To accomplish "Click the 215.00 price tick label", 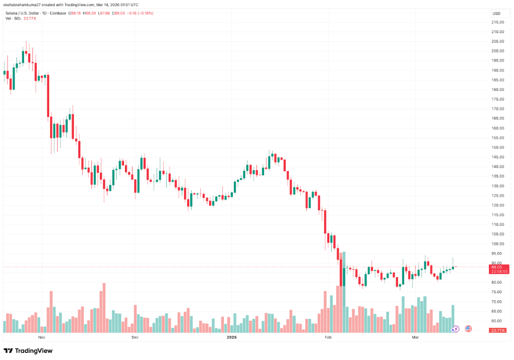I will [x=497, y=22].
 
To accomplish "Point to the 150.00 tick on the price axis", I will [x=497, y=147].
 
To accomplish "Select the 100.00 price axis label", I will [x=497, y=244].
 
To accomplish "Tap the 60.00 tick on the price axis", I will [x=497, y=321].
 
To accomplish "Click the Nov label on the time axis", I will [x=42, y=338].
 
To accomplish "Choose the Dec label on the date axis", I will [x=135, y=338].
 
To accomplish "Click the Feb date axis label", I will [x=328, y=338].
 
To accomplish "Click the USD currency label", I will [x=497, y=13].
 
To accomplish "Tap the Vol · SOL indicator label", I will [x=13, y=19].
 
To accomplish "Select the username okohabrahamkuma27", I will [x=23, y=5].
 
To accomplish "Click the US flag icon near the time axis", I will [x=468, y=329].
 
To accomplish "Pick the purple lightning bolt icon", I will [x=456, y=329].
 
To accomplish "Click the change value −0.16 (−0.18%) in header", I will [x=153, y=13].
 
